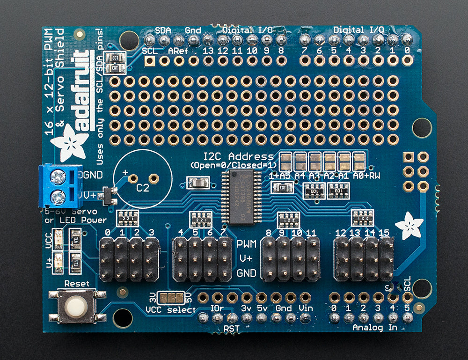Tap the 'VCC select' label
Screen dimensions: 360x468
click(x=171, y=309)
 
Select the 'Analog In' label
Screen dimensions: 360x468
click(x=375, y=327)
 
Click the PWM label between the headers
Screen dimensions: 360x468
click(x=246, y=243)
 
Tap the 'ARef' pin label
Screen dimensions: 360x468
click(x=178, y=50)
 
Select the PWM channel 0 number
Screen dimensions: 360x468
click(x=108, y=233)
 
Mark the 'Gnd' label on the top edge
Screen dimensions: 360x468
click(x=193, y=30)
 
